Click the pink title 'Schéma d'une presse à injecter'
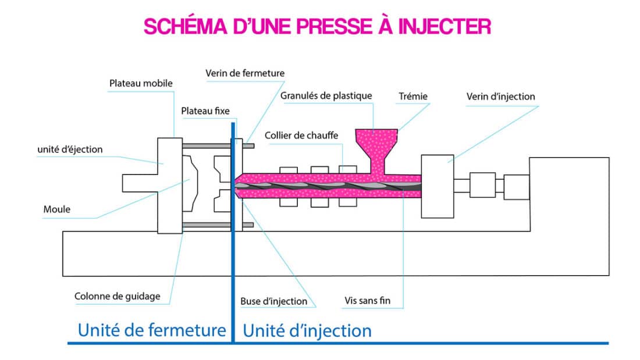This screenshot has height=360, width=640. coord(317,27)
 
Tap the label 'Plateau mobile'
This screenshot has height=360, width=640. coord(141,83)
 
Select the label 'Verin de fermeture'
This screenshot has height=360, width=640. coord(245,73)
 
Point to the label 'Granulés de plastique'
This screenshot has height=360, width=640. coord(326,95)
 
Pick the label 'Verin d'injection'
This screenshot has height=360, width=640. coord(500,96)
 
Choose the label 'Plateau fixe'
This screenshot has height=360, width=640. coord(205,111)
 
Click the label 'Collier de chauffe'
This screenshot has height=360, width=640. coord(301,136)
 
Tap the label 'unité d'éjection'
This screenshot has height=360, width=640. coord(70,149)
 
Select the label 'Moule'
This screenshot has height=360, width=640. coord(57,209)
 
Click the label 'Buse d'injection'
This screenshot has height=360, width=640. coord(273,301)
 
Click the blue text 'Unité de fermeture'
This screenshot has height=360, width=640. coord(152,330)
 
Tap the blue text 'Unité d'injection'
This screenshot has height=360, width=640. coord(307,331)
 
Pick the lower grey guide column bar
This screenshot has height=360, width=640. coord(209,224)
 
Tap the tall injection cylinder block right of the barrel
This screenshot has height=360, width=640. coord(437,186)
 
